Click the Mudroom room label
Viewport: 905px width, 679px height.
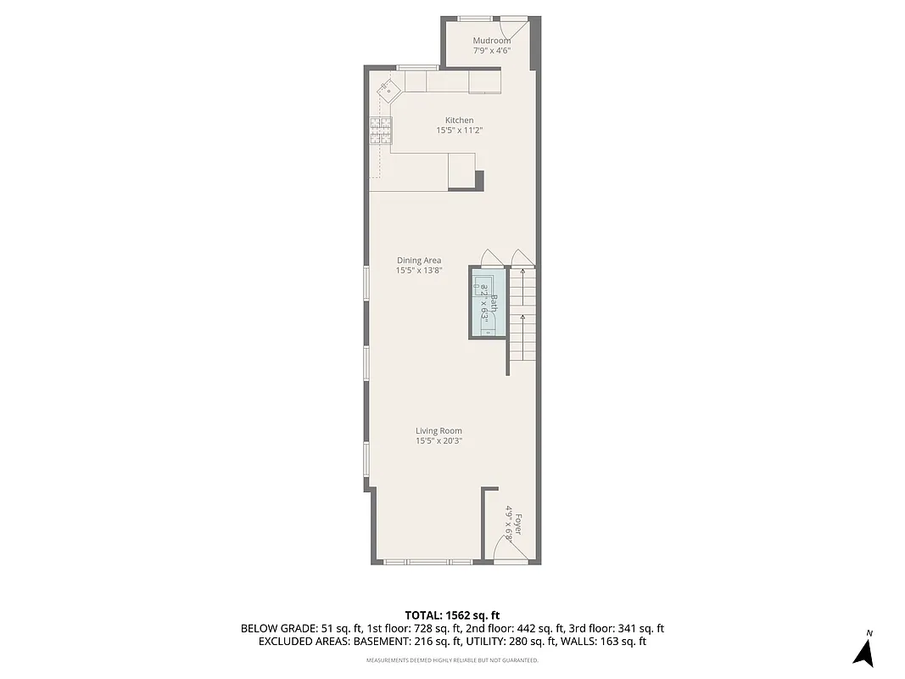point(492,41)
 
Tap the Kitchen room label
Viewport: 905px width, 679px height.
point(460,121)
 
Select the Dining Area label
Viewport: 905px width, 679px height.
point(419,261)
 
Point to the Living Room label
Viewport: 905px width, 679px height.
point(439,431)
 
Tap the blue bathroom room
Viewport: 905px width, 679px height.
point(488,302)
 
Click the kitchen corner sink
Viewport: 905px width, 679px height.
point(388,89)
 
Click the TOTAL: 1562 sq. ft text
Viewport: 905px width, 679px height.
point(452,615)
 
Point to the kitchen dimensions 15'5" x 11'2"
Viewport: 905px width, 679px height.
point(460,131)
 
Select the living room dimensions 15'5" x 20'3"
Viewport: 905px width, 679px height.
point(439,441)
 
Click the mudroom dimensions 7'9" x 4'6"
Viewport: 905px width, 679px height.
point(492,51)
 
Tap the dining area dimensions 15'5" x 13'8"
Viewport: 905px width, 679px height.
point(419,271)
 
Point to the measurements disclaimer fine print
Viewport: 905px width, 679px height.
point(452,660)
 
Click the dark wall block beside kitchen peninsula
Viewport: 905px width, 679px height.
point(479,180)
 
